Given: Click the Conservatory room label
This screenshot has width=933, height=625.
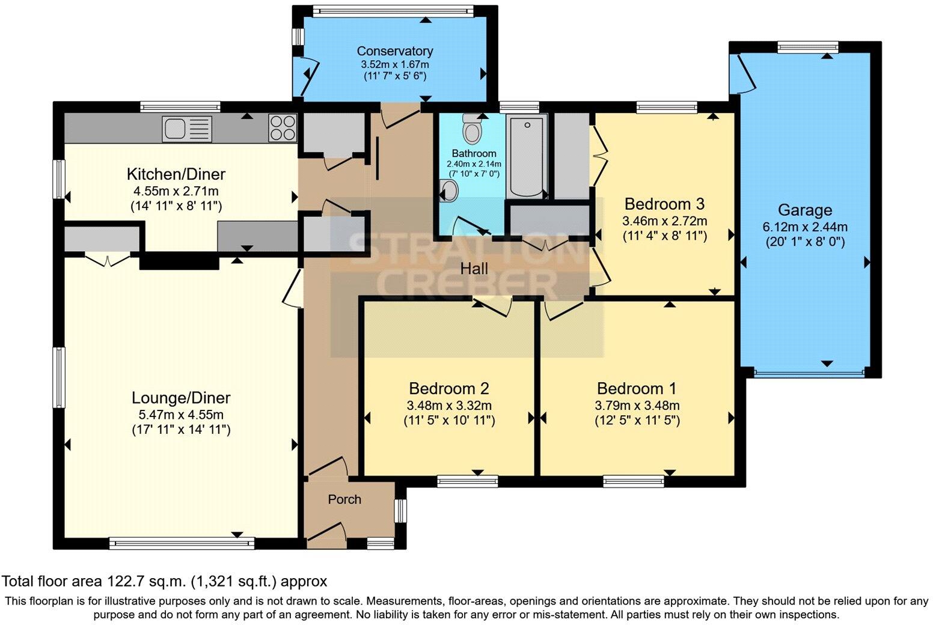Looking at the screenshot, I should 395,51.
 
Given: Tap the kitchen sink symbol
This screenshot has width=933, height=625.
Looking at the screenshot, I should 186,128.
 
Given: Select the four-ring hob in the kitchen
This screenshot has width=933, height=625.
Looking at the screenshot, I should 283,127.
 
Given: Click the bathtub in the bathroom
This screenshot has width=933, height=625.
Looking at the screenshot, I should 526,157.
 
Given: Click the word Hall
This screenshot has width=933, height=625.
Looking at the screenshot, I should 474,269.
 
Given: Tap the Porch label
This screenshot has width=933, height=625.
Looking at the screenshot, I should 344,499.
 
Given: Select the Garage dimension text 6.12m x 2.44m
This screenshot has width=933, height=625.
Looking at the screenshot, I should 805,227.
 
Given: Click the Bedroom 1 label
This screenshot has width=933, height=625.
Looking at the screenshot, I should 637,388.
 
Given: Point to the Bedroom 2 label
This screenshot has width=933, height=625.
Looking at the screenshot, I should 448,388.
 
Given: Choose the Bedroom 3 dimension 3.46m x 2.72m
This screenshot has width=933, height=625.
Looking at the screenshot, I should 664,221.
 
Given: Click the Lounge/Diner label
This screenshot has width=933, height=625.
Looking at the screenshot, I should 181,398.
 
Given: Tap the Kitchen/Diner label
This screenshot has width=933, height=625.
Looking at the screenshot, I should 176,174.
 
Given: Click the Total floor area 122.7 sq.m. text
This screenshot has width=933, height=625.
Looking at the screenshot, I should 164,581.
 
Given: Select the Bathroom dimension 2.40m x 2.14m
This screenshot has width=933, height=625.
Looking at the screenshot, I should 474,164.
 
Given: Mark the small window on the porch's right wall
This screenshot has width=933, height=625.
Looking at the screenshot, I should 400,511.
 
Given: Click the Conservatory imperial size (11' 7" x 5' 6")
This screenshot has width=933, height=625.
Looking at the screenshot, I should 395,76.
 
